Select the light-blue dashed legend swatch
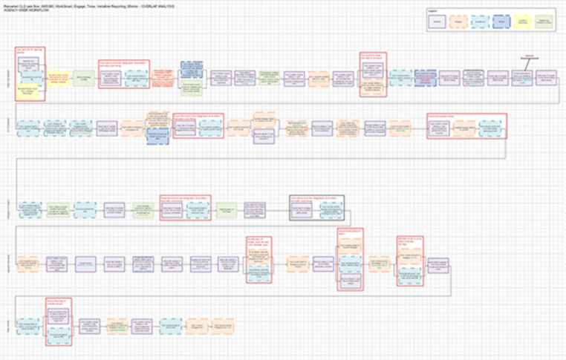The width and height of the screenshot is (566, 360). pos(480,22)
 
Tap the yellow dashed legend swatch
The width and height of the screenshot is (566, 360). pos(523,22)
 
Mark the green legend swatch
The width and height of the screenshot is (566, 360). pos(544,22)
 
